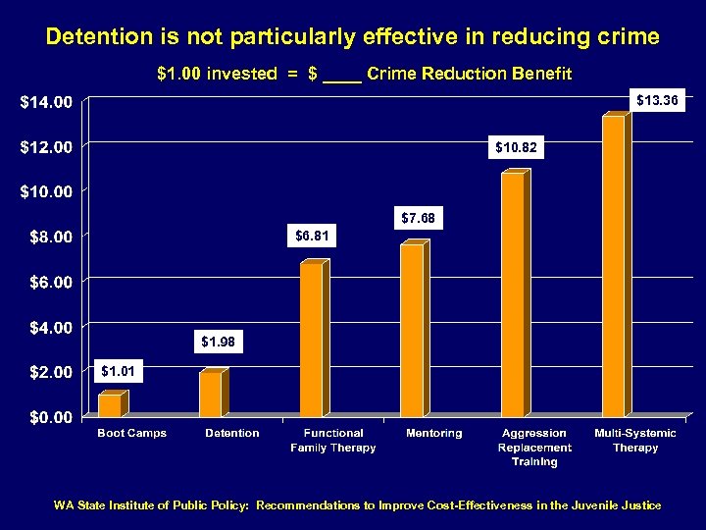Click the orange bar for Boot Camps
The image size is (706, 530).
(x=110, y=404)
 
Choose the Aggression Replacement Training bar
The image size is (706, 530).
(x=513, y=294)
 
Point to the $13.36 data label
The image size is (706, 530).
(x=656, y=100)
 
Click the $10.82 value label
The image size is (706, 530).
(x=516, y=147)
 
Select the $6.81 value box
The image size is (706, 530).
(x=315, y=236)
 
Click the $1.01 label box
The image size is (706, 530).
(x=120, y=371)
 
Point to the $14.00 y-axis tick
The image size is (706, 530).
(x=47, y=101)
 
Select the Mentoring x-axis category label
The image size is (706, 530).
(x=433, y=433)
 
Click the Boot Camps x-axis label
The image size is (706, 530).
(x=131, y=433)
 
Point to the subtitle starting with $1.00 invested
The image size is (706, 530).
(x=364, y=74)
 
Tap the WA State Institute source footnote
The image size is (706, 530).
(x=357, y=505)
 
